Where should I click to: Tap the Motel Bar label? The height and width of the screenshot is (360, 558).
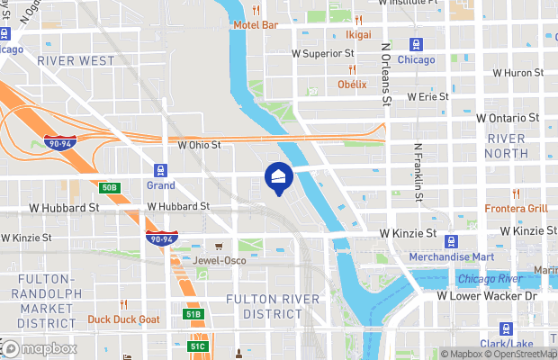(255, 24)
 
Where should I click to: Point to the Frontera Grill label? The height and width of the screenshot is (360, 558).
(516, 208)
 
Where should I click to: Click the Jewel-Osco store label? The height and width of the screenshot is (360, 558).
(219, 260)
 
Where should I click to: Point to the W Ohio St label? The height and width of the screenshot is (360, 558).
(199, 144)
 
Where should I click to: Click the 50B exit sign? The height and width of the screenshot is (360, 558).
(109, 187)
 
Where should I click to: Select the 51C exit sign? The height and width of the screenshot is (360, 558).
(198, 346)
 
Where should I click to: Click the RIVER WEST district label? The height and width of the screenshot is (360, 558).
(76, 60)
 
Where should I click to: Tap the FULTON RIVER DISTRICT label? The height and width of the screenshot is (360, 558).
(273, 306)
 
